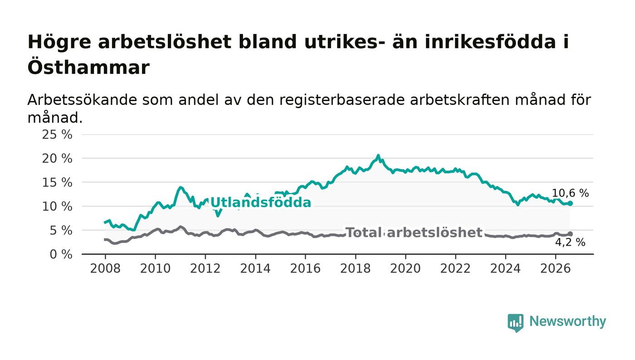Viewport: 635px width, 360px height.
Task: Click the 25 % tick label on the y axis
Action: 57,134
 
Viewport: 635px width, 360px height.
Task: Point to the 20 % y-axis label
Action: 57,158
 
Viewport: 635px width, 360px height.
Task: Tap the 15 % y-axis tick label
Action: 57,183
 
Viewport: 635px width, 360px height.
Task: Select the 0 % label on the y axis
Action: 61,254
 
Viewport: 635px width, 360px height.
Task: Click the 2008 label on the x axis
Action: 105,268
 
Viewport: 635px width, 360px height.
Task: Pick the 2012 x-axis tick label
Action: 205,268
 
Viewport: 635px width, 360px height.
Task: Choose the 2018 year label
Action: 355,268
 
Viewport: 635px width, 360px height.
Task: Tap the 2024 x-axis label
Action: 505,268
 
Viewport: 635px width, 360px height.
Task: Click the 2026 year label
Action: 555,268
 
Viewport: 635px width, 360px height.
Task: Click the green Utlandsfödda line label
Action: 260,202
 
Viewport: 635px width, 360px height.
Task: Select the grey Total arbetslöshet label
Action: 414,233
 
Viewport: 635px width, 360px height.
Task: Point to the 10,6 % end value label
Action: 570,193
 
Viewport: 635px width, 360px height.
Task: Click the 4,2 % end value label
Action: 570,242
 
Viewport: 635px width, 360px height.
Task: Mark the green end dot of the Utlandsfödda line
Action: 570,203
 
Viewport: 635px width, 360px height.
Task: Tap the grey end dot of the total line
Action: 570,234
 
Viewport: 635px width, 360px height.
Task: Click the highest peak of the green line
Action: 378,156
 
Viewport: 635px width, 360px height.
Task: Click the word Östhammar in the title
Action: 88,67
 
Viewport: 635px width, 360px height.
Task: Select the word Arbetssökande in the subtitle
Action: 82,100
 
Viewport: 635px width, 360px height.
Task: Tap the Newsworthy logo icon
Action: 515,323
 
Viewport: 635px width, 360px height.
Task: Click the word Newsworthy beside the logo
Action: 567,321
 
